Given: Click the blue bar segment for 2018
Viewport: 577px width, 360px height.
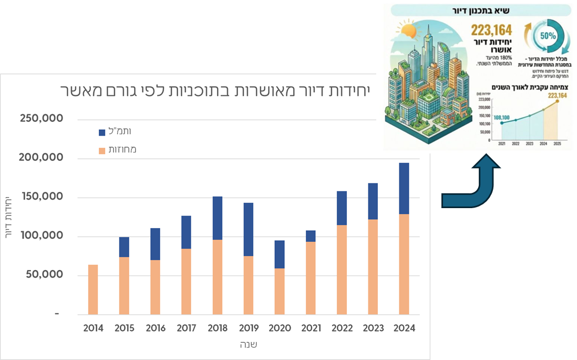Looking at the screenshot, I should click(218, 218).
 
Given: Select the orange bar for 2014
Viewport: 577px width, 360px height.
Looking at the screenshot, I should click(93, 289).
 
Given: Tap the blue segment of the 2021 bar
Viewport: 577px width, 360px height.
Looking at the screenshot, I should click(311, 236).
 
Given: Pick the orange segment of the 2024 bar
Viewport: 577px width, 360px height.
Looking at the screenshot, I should click(404, 264).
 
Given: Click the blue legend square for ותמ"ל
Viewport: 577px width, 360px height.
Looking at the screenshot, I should click(102, 132).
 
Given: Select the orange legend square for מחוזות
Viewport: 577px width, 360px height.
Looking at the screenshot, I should click(102, 151).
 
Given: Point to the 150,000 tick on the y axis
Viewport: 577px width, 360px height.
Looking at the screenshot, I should click(42, 197).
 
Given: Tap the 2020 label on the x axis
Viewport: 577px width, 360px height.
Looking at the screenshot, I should click(280, 328).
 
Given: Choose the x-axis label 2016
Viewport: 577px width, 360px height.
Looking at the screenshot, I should click(156, 328).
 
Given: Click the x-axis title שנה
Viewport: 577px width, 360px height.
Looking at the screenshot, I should click(249, 345).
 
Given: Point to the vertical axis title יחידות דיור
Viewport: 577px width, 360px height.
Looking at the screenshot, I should click(9, 217).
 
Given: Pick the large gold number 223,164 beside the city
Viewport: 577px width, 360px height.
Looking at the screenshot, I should click(491, 30).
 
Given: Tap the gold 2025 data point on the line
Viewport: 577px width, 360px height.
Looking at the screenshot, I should click(557, 101).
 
